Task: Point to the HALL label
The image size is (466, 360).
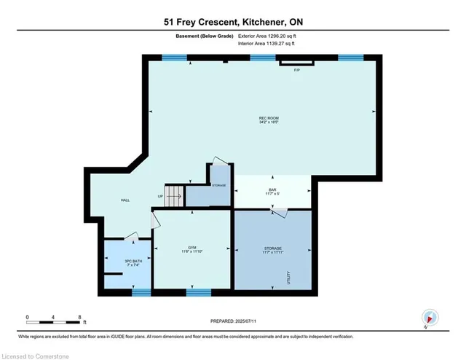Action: pyautogui.click(x=125, y=200)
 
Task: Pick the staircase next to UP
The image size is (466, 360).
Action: pyautogui.click(x=173, y=195)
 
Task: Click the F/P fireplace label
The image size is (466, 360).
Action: pyautogui.click(x=296, y=71)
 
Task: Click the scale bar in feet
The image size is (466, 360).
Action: pyautogui.click(x=54, y=319)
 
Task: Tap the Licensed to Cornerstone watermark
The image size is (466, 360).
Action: pyautogui.click(x=39, y=353)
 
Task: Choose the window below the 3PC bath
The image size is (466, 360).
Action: pyautogui.click(x=141, y=292)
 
